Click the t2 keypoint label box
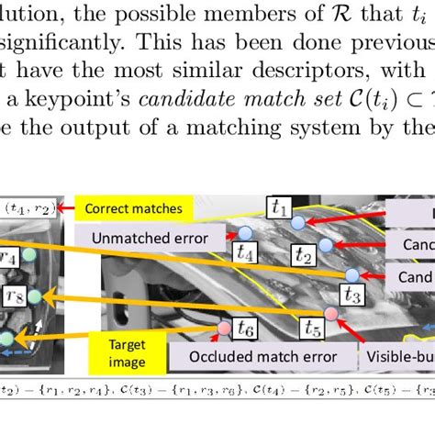click(303, 257)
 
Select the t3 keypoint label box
click(351, 294)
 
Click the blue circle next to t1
click(297, 222)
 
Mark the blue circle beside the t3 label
click(351, 274)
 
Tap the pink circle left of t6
click(223, 328)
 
